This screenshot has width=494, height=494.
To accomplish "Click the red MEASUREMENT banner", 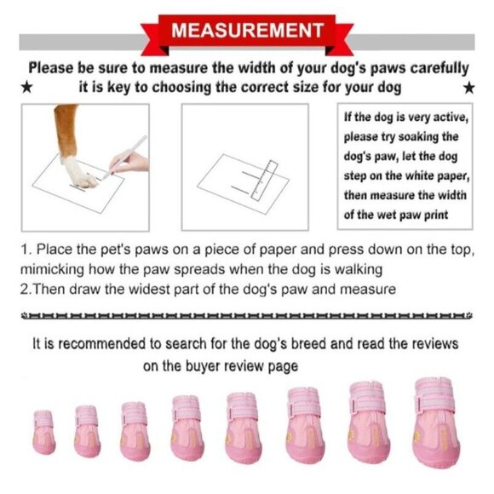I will (247, 32).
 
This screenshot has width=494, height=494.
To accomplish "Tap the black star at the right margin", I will (468, 87).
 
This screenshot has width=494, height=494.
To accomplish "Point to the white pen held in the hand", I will (123, 157).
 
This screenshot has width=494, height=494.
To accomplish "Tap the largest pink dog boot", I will (437, 423).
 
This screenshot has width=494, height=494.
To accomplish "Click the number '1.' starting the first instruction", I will (24, 251).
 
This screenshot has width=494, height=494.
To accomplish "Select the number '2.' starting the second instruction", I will (24, 289).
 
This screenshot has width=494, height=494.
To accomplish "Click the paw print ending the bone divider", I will (468, 315).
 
